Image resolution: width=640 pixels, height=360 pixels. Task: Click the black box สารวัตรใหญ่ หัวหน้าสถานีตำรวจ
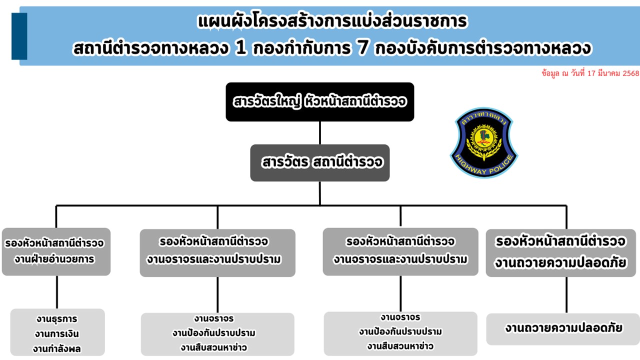click(320, 102)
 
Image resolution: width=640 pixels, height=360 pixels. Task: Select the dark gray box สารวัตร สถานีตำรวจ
click(320, 162)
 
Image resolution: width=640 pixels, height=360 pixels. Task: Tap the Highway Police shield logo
click(483, 143)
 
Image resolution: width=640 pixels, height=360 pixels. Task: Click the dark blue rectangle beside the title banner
click(19, 36)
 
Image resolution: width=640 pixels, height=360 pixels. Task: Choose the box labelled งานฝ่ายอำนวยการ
click(56, 251)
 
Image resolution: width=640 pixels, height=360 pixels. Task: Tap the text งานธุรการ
click(57, 319)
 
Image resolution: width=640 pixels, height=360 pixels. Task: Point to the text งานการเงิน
click(57, 333)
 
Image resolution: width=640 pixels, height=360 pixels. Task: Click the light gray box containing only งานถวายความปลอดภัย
click(563, 328)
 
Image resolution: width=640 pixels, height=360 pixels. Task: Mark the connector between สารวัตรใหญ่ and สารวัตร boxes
click(320, 132)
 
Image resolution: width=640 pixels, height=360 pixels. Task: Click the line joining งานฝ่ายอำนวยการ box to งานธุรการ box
click(56, 292)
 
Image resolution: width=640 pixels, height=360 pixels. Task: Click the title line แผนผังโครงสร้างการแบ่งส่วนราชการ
click(332, 22)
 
